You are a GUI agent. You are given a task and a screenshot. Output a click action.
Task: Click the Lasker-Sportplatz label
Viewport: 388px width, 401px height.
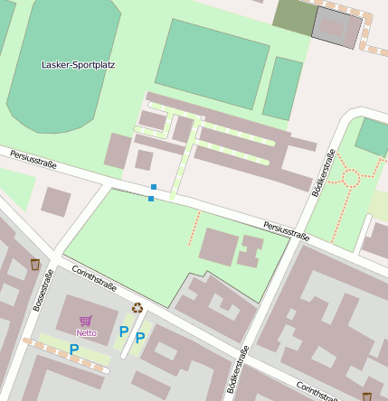tap(78, 65)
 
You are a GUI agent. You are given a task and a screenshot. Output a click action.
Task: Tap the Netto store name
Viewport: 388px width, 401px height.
tap(86, 332)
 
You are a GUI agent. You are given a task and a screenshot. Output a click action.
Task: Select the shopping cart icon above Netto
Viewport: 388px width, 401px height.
tap(86, 321)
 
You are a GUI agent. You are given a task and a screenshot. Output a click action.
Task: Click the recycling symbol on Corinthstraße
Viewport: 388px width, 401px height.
tap(137, 308)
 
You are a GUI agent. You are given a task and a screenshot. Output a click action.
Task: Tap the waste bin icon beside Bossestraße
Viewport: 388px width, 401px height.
tap(34, 265)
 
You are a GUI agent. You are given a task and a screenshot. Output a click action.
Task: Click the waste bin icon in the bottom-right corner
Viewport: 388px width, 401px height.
tap(366, 396)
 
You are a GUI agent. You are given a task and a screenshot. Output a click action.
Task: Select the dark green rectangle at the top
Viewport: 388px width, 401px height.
tap(295, 15)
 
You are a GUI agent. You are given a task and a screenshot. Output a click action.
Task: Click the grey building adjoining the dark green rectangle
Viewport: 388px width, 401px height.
tap(336, 28)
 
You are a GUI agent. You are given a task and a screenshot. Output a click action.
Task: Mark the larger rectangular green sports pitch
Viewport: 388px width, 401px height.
tap(212, 52)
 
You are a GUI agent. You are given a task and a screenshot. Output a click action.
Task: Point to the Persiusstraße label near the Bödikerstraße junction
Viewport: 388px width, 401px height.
tap(287, 230)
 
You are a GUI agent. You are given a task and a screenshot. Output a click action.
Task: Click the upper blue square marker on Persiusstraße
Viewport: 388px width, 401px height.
tap(154, 187)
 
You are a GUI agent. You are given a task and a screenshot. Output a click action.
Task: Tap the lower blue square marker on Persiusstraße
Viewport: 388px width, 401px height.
tap(150, 198)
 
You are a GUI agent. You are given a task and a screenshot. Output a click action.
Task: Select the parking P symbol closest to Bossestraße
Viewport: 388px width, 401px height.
tap(74, 350)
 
